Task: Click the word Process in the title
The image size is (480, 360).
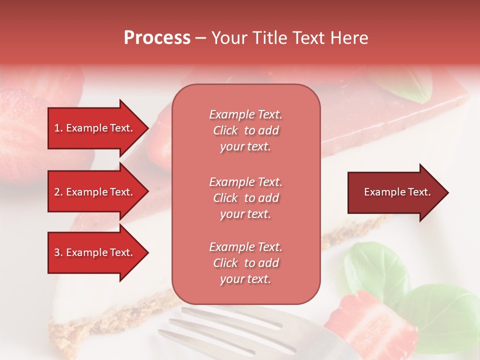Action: click(x=157, y=38)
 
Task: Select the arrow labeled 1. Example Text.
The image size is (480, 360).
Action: click(x=95, y=128)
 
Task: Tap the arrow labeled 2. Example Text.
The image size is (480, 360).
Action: click(x=95, y=192)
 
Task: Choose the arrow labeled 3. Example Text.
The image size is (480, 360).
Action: click(x=95, y=252)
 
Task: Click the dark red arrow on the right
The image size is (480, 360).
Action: click(x=395, y=192)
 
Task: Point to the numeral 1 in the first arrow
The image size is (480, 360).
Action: click(x=57, y=128)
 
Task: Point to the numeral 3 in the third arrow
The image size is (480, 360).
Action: click(x=57, y=252)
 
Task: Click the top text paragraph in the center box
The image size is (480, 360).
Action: click(x=245, y=130)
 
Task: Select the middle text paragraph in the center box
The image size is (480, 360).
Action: click(x=245, y=198)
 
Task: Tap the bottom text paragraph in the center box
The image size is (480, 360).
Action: click(x=245, y=263)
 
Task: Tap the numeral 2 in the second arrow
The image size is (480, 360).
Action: click(x=57, y=192)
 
